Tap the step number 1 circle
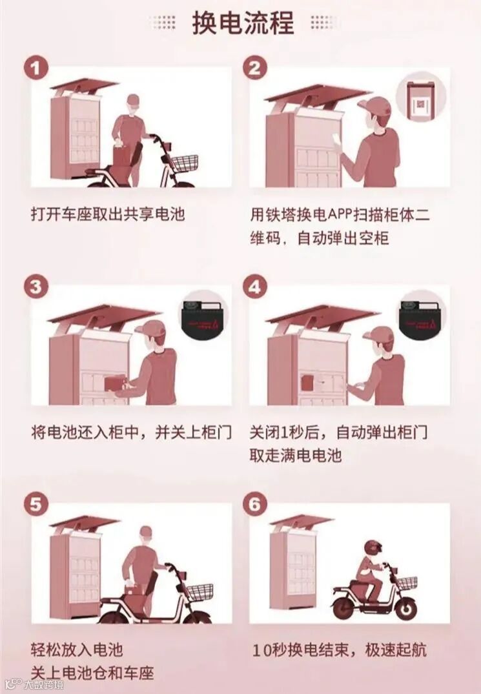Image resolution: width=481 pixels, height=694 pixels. click(36, 68)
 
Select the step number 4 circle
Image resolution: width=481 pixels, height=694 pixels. click(255, 287)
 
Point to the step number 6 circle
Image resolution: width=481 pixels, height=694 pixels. click(255, 504)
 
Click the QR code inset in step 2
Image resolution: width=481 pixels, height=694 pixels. click(420, 102)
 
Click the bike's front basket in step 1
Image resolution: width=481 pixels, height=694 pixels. click(183, 163)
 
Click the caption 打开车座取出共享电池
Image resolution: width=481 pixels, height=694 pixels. click(108, 215)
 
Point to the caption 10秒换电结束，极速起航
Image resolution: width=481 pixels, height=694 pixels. click(340, 650)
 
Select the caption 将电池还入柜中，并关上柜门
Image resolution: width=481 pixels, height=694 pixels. click(132, 432)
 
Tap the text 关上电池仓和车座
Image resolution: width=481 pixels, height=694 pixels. click(92, 673)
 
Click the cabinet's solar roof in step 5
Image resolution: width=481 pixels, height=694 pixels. click(84, 522)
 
